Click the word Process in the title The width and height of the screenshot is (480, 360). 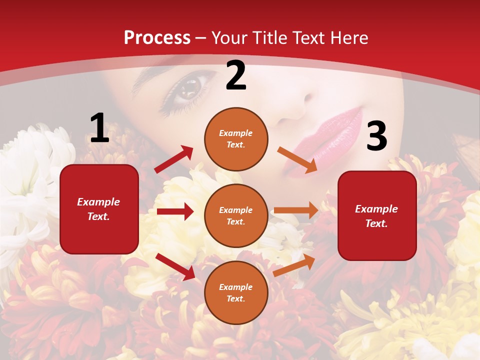[x=157, y=37]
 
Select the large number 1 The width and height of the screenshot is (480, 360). [x=99, y=128]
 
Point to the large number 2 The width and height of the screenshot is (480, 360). [x=236, y=75]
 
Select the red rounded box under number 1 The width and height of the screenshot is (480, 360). [x=99, y=209]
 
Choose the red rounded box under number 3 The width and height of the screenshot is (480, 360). [x=377, y=215]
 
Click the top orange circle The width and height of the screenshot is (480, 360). [x=236, y=139]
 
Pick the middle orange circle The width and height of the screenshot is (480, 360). [x=236, y=215]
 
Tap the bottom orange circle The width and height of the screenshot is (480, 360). [x=236, y=292]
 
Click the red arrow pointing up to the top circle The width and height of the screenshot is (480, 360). [x=174, y=159]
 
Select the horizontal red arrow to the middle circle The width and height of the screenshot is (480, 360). [x=175, y=211]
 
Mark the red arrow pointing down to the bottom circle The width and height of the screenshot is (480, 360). [x=175, y=266]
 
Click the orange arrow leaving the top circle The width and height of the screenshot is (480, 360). [x=297, y=160]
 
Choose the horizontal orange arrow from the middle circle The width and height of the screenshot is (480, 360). [x=296, y=210]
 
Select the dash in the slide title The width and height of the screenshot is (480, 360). [x=201, y=38]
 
